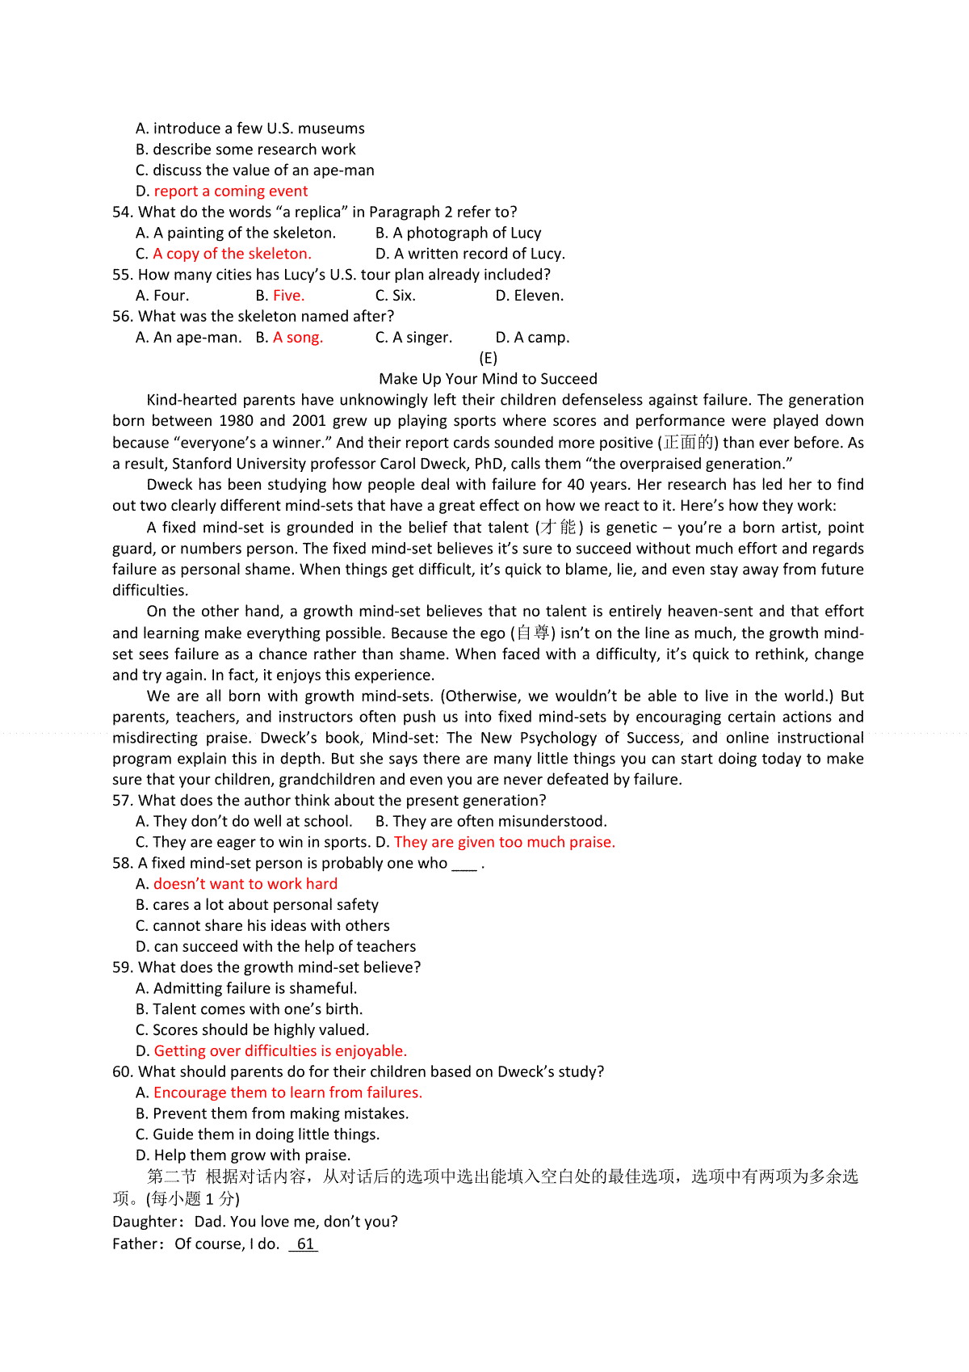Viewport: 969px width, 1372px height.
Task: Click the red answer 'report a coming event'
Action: point(231,191)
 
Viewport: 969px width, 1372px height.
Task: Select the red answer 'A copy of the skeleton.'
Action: point(232,254)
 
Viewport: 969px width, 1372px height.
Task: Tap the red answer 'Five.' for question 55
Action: point(288,296)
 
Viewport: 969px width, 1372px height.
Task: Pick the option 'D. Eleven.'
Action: point(530,296)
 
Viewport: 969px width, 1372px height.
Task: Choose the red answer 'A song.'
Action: point(298,338)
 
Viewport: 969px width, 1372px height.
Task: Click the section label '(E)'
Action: point(488,358)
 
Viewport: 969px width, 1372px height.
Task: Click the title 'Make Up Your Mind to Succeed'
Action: point(488,379)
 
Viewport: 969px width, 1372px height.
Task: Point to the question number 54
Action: point(122,213)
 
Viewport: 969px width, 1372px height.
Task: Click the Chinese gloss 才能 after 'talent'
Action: point(559,528)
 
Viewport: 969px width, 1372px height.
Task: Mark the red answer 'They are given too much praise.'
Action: point(505,842)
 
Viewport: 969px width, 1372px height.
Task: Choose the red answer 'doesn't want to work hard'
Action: point(245,884)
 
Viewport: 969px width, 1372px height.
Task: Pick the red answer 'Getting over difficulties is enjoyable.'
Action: point(280,1051)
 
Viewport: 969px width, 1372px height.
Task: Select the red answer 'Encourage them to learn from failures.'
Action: point(287,1092)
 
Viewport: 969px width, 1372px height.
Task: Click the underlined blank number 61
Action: point(304,1244)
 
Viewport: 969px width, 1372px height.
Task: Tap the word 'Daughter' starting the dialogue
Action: point(145,1222)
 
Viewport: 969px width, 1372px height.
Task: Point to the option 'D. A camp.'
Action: point(532,338)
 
